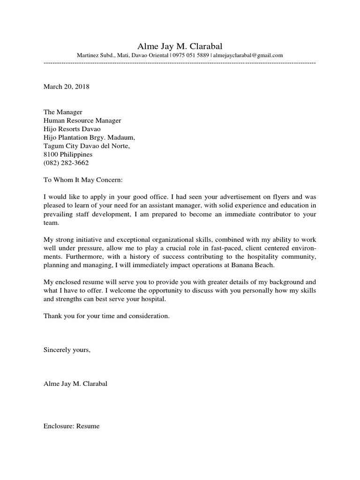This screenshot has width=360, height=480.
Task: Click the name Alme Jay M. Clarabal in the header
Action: tap(180, 46)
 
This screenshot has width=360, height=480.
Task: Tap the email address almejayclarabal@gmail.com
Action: tap(248, 55)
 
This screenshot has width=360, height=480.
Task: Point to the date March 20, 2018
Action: tap(66, 87)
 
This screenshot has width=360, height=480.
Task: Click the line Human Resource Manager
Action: tap(82, 120)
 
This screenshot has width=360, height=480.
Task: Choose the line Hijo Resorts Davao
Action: tap(72, 129)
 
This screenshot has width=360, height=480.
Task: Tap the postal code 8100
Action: tap(51, 154)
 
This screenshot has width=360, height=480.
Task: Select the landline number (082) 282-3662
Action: tap(66, 163)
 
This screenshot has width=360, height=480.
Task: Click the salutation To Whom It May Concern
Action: tap(82, 180)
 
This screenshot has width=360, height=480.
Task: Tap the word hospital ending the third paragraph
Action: tap(153, 299)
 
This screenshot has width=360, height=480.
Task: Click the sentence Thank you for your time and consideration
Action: tap(106, 316)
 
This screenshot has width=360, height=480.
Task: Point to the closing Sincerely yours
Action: tap(66, 350)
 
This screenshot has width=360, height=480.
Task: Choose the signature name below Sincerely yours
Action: tap(75, 384)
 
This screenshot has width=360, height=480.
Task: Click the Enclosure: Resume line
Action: tap(72, 427)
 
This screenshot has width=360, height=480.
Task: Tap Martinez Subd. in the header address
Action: tap(95, 55)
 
